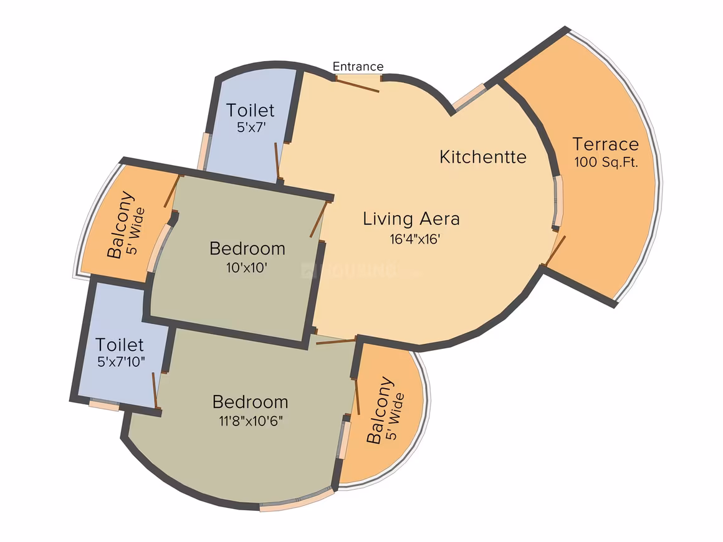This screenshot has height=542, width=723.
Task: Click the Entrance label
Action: [x=358, y=67]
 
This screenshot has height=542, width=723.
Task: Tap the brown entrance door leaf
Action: [x=357, y=86]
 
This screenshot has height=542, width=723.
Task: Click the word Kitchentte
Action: [x=483, y=157]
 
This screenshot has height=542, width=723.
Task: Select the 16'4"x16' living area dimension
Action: [x=415, y=239]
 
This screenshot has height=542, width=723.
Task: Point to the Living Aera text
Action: [x=411, y=219]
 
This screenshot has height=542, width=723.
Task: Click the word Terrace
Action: [x=605, y=145]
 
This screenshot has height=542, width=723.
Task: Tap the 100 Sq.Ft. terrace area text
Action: [x=606, y=162]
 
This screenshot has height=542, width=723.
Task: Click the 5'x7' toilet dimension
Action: [x=251, y=127]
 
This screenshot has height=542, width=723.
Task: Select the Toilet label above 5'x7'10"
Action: [x=120, y=345]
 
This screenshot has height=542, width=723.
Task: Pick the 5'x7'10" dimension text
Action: [x=121, y=362]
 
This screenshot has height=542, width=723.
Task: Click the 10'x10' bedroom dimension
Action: [x=247, y=268]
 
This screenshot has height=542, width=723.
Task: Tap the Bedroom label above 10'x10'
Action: [x=247, y=249]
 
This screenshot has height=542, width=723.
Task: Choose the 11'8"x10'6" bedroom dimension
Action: [x=251, y=421]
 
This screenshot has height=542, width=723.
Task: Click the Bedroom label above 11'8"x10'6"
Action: [x=251, y=402]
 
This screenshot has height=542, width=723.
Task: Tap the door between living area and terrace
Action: [x=555, y=251]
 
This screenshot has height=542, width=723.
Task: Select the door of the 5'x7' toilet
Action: [x=277, y=160]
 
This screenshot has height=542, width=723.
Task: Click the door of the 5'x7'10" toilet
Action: [x=156, y=391]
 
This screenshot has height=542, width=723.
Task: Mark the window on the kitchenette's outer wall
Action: [x=469, y=97]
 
